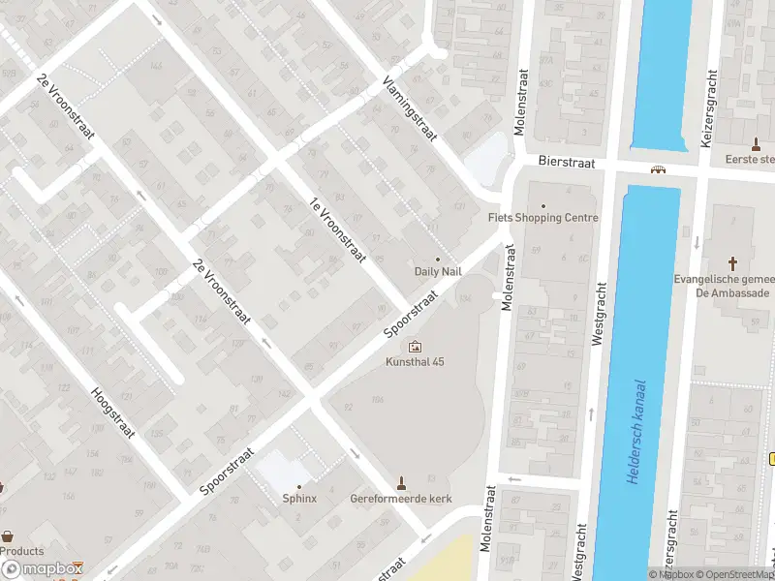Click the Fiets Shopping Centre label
pos(542,218)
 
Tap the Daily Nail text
pos(438,271)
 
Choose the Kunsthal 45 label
pos(416,362)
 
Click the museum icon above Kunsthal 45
pos(416,346)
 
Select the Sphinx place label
pos(299,499)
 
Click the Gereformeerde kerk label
pos(401,499)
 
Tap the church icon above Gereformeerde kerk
pos(401,482)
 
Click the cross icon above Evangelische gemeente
pos(733,262)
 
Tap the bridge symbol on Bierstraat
pos(659,169)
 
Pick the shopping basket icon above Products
pos(8,535)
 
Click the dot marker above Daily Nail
pos(438,259)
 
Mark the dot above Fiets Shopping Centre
pos(542,205)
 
